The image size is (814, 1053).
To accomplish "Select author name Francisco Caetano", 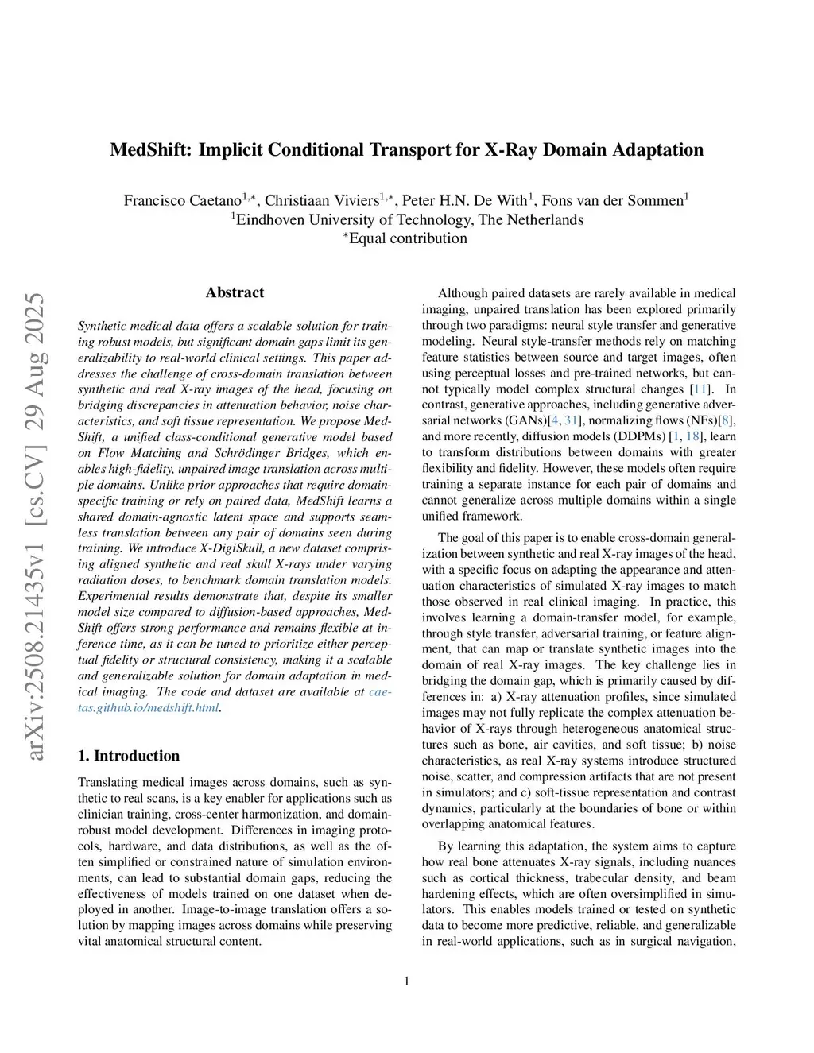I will click(182, 200).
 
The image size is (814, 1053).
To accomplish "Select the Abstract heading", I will click(235, 292).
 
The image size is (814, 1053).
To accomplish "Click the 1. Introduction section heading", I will click(129, 756).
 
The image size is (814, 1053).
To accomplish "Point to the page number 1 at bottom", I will click(407, 981).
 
